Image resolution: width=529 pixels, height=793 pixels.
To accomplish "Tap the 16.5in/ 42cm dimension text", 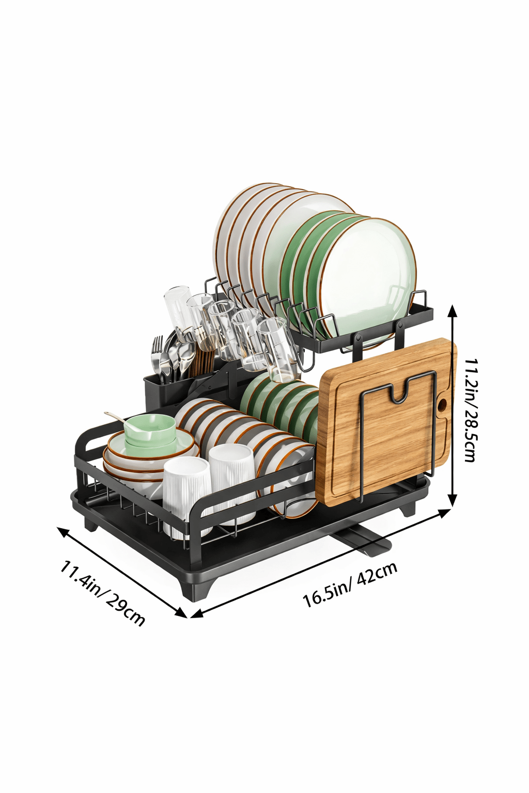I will [x=350, y=584].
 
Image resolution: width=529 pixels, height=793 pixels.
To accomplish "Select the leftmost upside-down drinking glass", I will [x=178, y=310].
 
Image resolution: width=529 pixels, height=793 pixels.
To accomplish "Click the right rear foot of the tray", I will [x=408, y=508].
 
